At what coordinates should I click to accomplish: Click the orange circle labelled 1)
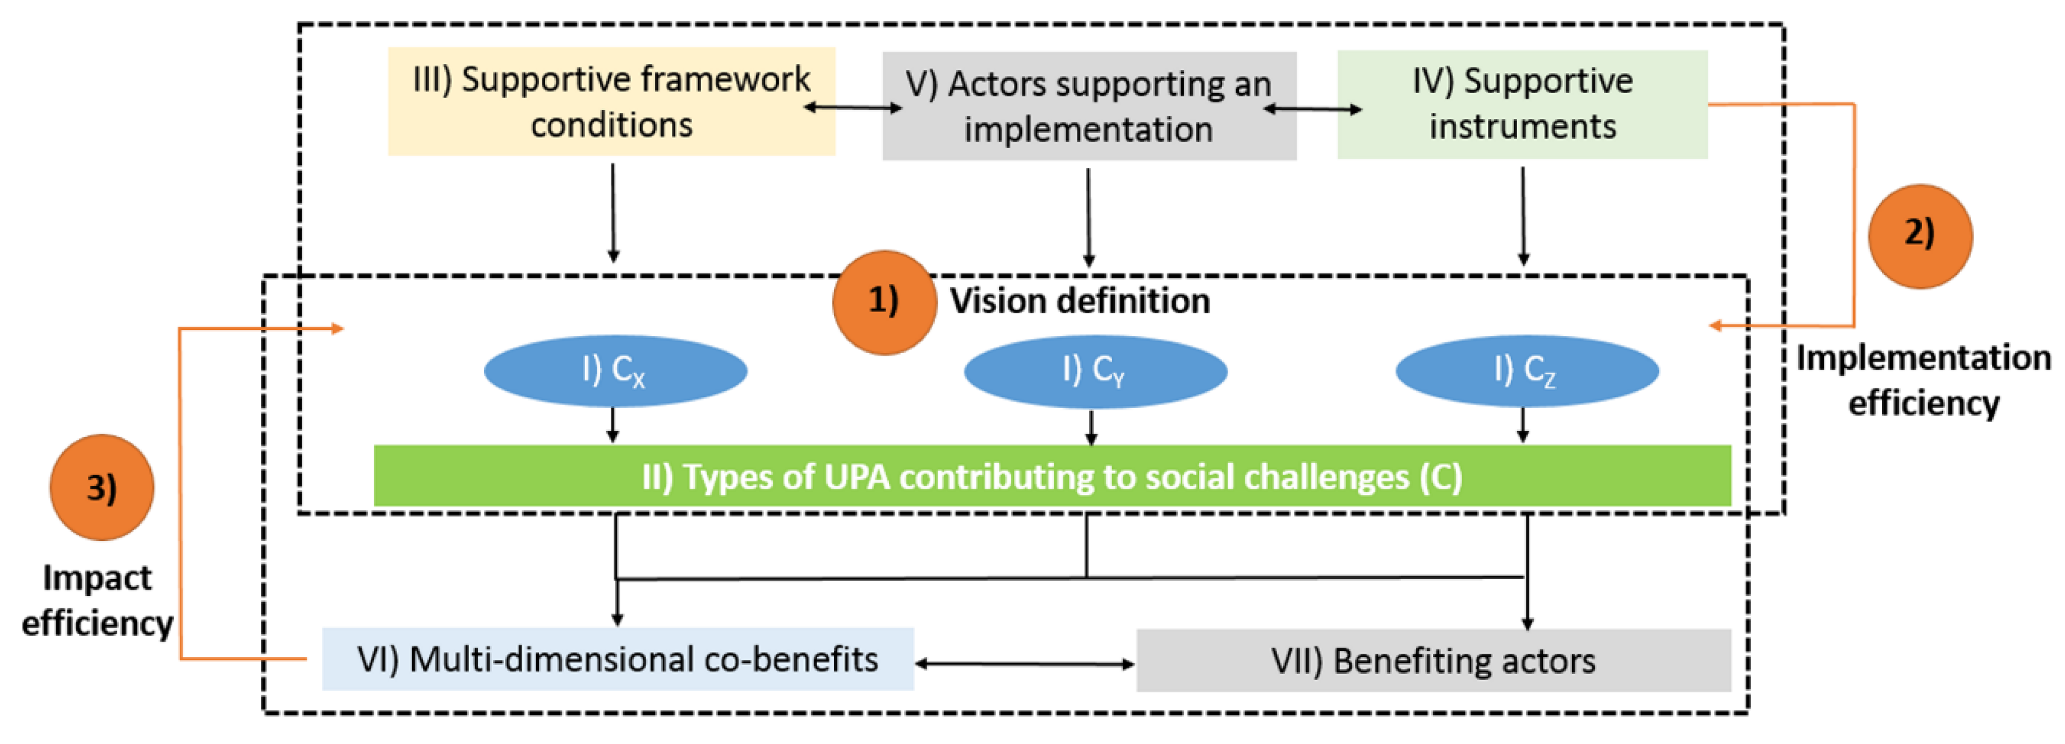pyautogui.click(x=884, y=302)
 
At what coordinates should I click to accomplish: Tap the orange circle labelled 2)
pyautogui.click(x=1920, y=236)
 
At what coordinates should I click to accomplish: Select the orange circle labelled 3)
pyautogui.click(x=102, y=488)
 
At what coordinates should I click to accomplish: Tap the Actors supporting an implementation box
pyautogui.click(x=1089, y=106)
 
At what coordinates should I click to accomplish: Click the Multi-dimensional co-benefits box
pyautogui.click(x=617, y=659)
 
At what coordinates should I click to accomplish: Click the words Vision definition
pyautogui.click(x=1080, y=301)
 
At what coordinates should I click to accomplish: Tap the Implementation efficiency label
pyautogui.click(x=1923, y=380)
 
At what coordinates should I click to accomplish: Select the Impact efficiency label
pyautogui.click(x=97, y=600)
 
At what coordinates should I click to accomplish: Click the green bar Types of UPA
pyautogui.click(x=1052, y=476)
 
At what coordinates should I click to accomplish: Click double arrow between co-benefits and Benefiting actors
pyautogui.click(x=1025, y=664)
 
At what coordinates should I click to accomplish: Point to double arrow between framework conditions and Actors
pyautogui.click(x=853, y=107)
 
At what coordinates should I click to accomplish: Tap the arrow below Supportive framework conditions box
pyautogui.click(x=613, y=213)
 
